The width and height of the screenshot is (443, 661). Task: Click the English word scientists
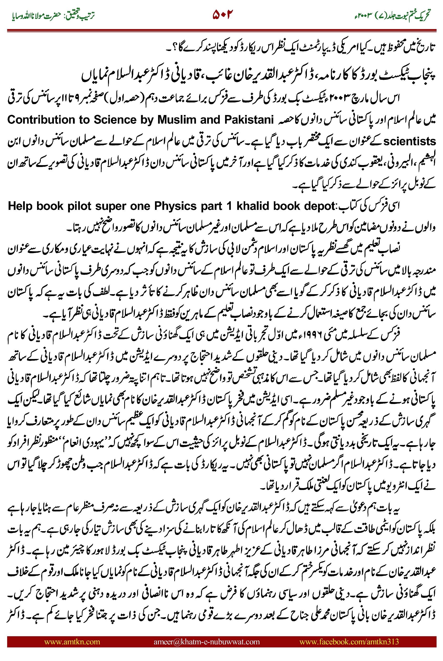click(x=409, y=141)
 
